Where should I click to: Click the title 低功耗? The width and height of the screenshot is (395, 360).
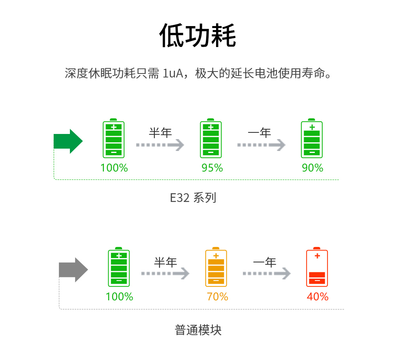pyautogui.click(x=197, y=36)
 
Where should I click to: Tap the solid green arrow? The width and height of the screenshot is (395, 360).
pyautogui.click(x=68, y=141)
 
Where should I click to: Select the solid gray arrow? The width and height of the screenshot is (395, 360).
pyautogui.click(x=73, y=270)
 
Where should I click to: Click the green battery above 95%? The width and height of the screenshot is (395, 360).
pyautogui.click(x=211, y=139)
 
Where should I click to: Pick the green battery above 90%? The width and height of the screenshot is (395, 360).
pyautogui.click(x=312, y=139)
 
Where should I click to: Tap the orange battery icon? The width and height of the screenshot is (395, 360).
pyautogui.click(x=216, y=268)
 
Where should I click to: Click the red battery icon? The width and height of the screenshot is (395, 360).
pyautogui.click(x=317, y=268)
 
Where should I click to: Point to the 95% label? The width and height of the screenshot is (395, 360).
pyautogui.click(x=212, y=168)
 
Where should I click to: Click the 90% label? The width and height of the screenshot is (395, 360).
pyautogui.click(x=312, y=168)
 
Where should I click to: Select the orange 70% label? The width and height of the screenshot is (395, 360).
pyautogui.click(x=217, y=296)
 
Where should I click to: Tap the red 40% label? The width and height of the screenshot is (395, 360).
pyautogui.click(x=318, y=296)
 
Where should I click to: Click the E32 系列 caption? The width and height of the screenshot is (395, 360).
pyautogui.click(x=193, y=198)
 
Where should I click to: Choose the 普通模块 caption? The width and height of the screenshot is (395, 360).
pyautogui.click(x=198, y=330)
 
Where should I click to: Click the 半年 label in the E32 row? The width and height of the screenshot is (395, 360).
pyautogui.click(x=160, y=133)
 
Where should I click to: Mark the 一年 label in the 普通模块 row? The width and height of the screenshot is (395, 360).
pyautogui.click(x=265, y=262)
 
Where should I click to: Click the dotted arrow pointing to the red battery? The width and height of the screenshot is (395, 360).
pyautogui.click(x=267, y=273)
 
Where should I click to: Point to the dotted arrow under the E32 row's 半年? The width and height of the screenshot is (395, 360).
pyautogui.click(x=160, y=145)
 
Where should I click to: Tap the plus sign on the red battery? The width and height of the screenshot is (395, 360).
pyautogui.click(x=317, y=256)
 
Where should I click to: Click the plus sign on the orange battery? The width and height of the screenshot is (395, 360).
pyautogui.click(x=216, y=256)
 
